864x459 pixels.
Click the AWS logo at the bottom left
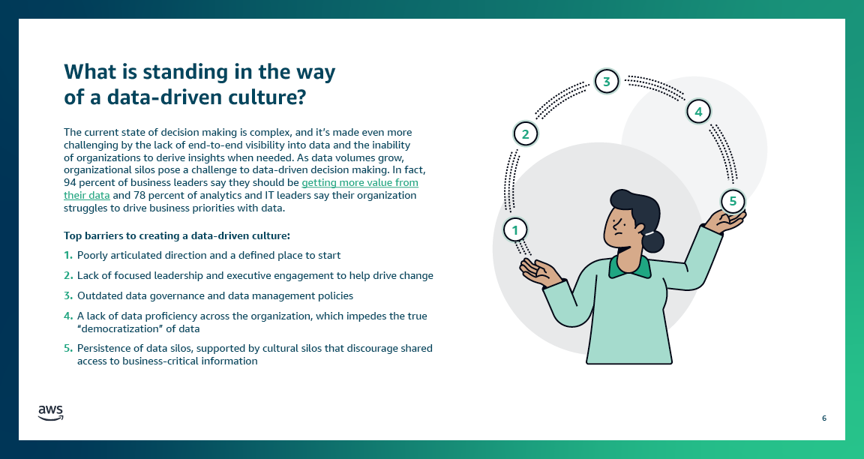51,412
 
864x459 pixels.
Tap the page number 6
824,418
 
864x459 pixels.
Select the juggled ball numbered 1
514,229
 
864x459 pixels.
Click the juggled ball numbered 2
526,134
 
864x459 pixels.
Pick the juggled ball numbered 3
607,80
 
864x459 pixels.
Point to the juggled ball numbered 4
698,112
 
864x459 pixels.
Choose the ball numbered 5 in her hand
733,201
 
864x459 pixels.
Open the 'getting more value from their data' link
359,183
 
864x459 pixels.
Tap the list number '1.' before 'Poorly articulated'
68,256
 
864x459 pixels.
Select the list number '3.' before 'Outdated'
68,296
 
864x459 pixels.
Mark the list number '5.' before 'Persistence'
68,349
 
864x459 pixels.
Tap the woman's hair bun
653,241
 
